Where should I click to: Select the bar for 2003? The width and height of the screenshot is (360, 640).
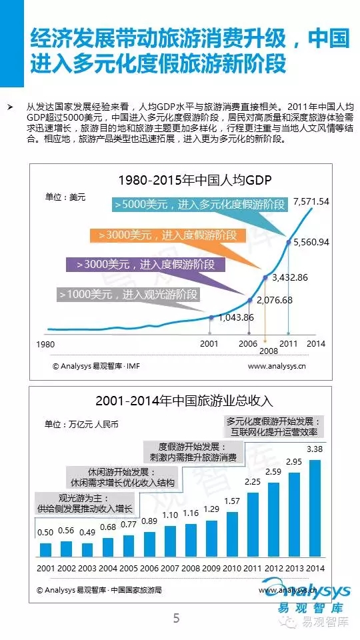tap(87, 550)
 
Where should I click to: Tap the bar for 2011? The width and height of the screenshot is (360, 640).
tap(253, 525)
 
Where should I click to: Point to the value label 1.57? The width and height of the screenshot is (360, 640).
tap(233, 501)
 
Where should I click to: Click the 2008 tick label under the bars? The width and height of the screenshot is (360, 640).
tap(191, 568)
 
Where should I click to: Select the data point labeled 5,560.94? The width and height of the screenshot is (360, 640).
tap(289, 242)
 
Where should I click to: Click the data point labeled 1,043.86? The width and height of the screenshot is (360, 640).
tap(211, 317)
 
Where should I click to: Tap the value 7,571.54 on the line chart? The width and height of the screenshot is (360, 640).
tap(311, 201)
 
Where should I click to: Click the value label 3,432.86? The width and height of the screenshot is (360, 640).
tap(289, 278)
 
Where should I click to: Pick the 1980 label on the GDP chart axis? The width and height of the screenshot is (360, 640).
tap(45, 344)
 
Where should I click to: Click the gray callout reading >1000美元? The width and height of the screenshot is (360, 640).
tap(129, 294)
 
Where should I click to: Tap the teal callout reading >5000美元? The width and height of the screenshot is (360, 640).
tap(200, 205)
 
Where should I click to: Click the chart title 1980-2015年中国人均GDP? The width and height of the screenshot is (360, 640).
tap(194, 179)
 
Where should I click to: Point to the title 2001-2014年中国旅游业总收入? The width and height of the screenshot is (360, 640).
tap(184, 401)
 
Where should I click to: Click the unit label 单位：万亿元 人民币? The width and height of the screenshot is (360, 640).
tap(81, 424)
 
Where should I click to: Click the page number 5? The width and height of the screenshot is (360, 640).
tap(176, 618)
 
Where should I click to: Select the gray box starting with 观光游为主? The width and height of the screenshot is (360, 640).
tap(86, 504)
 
